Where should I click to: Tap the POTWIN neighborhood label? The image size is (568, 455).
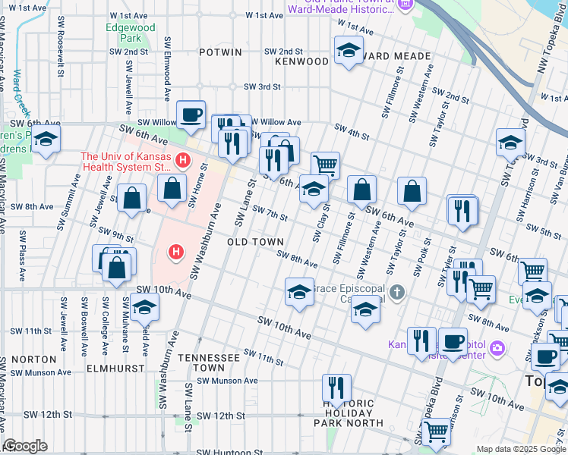coord(220,52)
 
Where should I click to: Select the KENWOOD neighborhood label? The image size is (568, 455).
coord(301,60)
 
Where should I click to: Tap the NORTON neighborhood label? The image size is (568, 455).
coord(28,359)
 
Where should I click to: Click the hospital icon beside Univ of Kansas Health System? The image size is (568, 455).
coord(182,160)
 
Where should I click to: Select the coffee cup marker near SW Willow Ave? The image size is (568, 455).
coord(191,115)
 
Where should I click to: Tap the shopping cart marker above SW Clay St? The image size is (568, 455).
coord(325,163)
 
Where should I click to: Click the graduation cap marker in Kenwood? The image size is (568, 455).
coord(349,51)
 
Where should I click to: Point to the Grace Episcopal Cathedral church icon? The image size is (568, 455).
coord(396,292)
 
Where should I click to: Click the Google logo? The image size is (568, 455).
coord(26,446)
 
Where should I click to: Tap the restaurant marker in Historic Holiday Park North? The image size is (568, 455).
coord(335,388)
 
